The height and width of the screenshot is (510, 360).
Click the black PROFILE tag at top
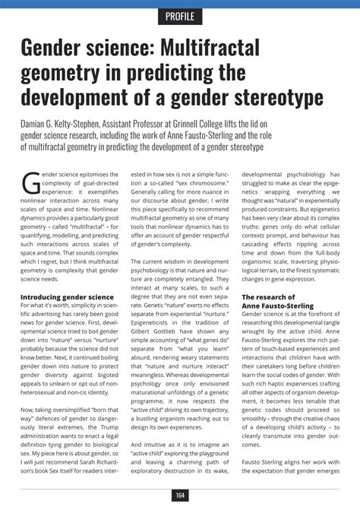click(x=179, y=16)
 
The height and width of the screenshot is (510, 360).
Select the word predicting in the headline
click(x=190, y=74)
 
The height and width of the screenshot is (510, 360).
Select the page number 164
click(x=179, y=496)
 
